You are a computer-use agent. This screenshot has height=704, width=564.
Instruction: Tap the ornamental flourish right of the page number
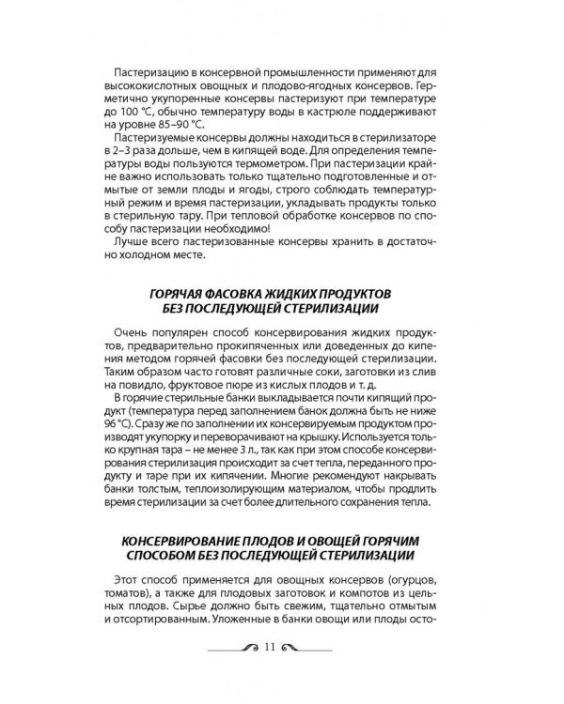(x=309, y=647)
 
